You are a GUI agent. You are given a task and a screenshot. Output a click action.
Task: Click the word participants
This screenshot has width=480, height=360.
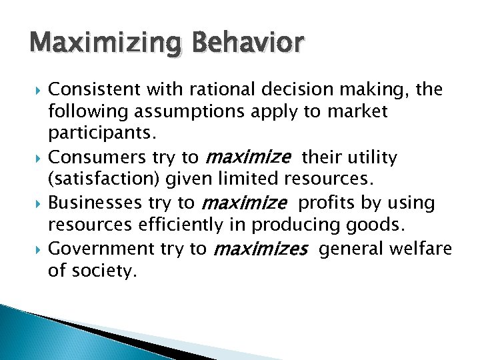click(x=102, y=135)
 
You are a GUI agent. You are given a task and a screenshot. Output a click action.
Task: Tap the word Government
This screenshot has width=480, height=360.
click(x=101, y=249)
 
